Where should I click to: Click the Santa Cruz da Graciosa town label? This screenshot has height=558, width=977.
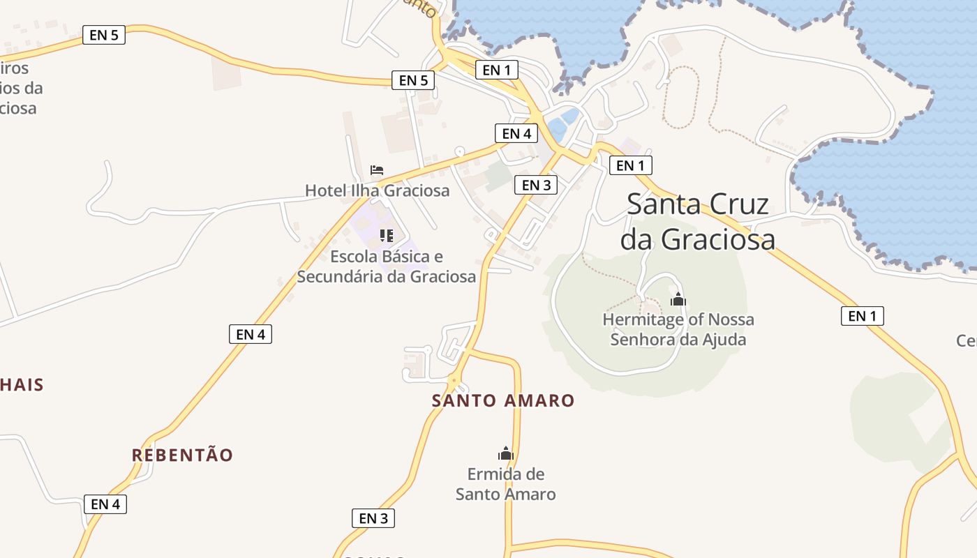[x=698, y=221]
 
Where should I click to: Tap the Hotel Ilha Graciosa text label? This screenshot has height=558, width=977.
[x=377, y=190]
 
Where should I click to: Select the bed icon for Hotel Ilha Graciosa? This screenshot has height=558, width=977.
[x=377, y=169]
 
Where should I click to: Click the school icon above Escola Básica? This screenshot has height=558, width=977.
[x=387, y=236]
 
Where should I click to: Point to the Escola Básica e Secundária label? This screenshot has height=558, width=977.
[x=387, y=266]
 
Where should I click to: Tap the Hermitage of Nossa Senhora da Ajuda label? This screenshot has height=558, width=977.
[x=678, y=329]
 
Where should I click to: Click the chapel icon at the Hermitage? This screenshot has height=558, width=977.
[x=678, y=300]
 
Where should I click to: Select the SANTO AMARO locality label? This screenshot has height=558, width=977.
[x=503, y=401]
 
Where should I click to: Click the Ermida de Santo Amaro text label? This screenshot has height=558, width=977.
[x=506, y=484]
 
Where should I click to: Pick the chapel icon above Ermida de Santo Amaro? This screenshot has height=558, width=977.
[x=506, y=454]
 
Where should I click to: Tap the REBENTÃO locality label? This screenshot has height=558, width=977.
[x=183, y=455]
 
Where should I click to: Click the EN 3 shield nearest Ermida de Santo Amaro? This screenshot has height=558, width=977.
[x=373, y=518]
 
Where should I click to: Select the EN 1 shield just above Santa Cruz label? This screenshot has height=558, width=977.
[x=630, y=165]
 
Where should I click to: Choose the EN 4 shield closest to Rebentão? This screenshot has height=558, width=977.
[x=105, y=504]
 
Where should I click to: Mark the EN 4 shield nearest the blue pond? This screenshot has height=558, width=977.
[x=516, y=133]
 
